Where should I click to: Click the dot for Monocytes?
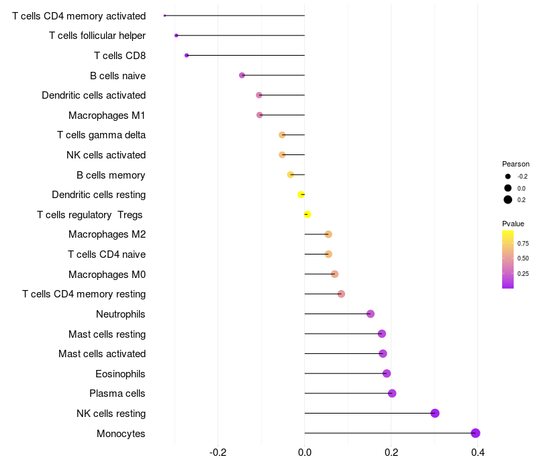point(475,433)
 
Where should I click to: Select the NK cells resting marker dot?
point(435,413)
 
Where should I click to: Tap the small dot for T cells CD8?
point(187,56)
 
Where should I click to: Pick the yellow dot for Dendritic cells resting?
point(301,195)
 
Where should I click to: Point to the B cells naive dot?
point(242,75)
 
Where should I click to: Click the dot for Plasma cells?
point(392,393)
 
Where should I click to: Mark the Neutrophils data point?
point(371,314)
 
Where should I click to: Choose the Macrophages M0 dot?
point(334,274)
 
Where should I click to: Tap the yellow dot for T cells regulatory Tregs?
point(307,214)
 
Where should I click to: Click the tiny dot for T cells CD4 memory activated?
point(164,15)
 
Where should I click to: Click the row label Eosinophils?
point(120,374)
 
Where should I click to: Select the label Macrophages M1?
point(107,115)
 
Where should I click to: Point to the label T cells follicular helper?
point(97,36)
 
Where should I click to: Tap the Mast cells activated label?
point(102,354)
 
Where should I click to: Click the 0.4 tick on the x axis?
point(478,453)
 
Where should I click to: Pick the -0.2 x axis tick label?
point(217,453)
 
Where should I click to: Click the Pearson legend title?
point(516,164)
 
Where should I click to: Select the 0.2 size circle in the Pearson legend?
point(508,199)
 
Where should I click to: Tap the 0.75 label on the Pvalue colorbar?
point(523,244)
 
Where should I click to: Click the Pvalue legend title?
point(513,224)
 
